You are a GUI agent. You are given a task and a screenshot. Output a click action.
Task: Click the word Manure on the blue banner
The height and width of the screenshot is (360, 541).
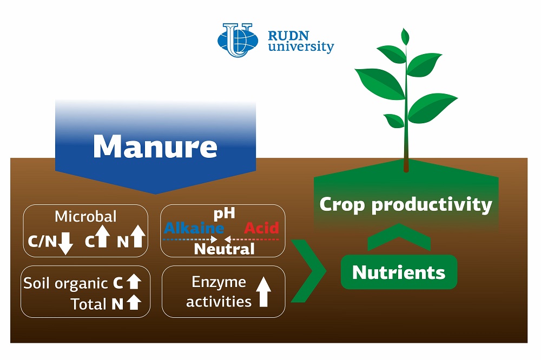(x=155, y=146)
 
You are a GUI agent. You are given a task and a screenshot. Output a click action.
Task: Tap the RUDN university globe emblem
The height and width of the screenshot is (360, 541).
(x=237, y=40)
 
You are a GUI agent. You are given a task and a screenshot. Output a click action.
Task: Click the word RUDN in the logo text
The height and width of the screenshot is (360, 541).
(x=288, y=36)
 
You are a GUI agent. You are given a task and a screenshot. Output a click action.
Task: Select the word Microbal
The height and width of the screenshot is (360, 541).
(x=85, y=217)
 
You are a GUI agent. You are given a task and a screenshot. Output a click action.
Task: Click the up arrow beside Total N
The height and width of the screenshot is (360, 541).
(x=134, y=302)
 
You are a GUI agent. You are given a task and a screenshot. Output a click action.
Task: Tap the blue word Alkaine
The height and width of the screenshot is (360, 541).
(x=194, y=228)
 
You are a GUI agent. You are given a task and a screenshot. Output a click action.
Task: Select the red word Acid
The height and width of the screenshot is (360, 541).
(x=261, y=228)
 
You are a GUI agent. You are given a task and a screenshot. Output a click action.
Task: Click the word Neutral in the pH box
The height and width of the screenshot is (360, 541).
(x=225, y=249)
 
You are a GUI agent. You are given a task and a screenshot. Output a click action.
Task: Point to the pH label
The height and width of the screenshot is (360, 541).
(x=225, y=214)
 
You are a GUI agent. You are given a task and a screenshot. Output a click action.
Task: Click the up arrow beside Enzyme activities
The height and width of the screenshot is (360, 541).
(x=263, y=292)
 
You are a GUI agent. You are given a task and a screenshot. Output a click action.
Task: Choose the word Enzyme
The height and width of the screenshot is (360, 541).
(x=219, y=282)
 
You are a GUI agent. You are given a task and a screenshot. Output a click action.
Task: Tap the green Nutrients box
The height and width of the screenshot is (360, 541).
(x=399, y=272)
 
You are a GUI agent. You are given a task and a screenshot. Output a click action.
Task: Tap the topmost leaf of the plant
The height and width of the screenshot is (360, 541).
(x=405, y=36)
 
